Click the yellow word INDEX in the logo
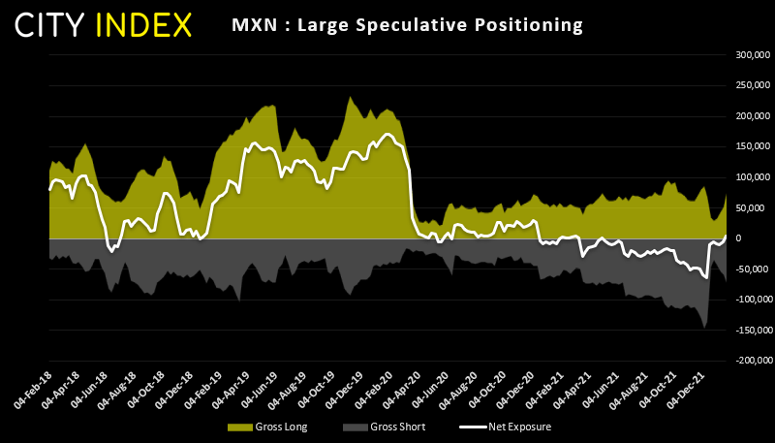pyautogui.click(x=146, y=25)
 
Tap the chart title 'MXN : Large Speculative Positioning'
pyautogui.click(x=407, y=25)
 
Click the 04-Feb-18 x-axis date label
pyautogui.click(x=33, y=386)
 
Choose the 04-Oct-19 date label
pyautogui.click(x=316, y=386)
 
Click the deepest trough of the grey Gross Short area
pyautogui.click(x=704, y=327)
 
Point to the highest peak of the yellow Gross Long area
pyautogui.click(x=349, y=97)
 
